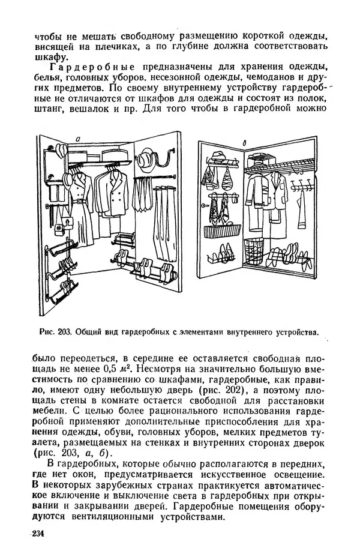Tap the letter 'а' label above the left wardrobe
78,140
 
